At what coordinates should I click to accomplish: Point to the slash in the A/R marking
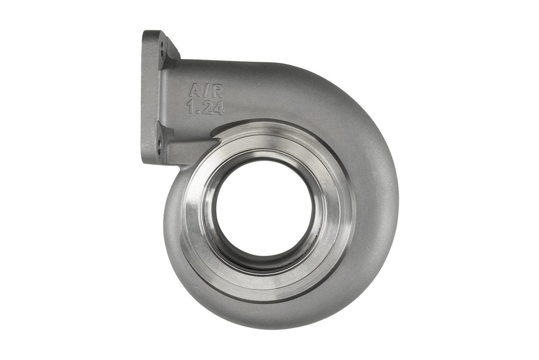[x=206, y=92]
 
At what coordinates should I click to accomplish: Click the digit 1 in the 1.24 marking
[x=191, y=107]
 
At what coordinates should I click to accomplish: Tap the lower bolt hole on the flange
[x=159, y=145]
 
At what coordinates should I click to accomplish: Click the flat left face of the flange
[x=150, y=98]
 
